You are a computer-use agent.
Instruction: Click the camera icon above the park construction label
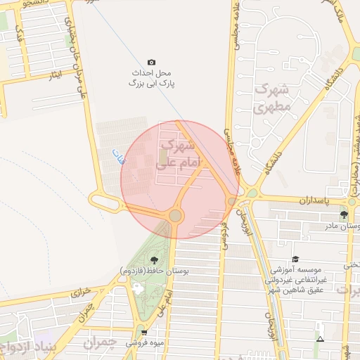point(151,63)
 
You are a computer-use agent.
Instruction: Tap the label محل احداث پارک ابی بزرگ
point(151,78)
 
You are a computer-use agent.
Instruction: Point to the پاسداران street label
point(309,200)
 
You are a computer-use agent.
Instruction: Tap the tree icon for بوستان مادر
point(344,214)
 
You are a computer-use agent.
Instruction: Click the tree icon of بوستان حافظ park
point(154,261)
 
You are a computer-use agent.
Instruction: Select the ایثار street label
point(56,75)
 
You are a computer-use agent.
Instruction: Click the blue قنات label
point(117,156)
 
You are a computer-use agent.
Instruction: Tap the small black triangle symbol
point(320,340)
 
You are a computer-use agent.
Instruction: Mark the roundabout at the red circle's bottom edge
point(175,216)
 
